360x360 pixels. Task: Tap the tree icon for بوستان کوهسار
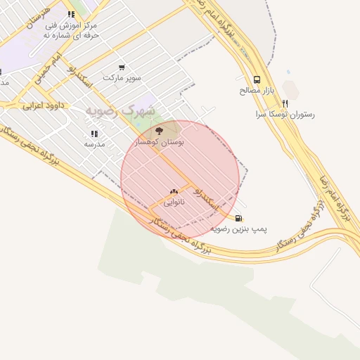point(157,130)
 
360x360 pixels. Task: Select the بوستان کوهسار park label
point(162,142)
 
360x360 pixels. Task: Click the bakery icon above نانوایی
point(174,191)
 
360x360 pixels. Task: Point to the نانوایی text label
point(174,202)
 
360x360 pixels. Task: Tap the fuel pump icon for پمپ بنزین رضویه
point(239,218)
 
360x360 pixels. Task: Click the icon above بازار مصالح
point(257,79)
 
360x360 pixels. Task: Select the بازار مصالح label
point(251,91)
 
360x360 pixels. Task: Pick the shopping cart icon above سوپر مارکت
point(122,67)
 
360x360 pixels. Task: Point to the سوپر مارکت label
point(122,77)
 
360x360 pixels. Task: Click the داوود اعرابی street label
point(43,106)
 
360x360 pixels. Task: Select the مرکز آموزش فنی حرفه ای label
point(70,30)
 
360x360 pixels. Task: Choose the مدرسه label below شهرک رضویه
point(94,143)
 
